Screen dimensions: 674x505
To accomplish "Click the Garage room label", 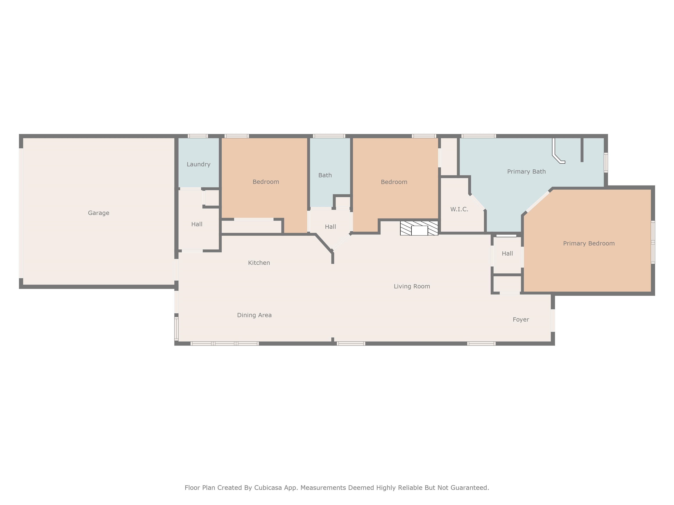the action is click(x=99, y=213).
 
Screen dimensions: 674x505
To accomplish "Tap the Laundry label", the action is click(x=198, y=164).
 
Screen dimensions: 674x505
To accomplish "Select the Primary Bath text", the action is click(x=526, y=172).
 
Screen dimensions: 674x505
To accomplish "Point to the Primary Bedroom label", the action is click(x=589, y=244).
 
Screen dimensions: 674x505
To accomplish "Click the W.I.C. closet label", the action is click(x=459, y=209).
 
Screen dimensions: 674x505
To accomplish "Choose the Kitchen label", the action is click(x=259, y=263).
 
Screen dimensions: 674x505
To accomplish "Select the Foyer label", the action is click(x=521, y=320).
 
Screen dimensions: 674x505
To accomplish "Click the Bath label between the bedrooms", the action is click(x=325, y=175).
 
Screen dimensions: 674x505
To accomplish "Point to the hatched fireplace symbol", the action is click(x=419, y=228).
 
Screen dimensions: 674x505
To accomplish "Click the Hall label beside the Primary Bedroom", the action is click(x=507, y=254).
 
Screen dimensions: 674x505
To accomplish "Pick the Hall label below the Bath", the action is click(x=330, y=227).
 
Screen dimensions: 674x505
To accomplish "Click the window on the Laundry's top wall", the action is click(x=198, y=136).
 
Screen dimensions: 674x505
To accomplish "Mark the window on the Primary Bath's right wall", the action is click(x=606, y=163).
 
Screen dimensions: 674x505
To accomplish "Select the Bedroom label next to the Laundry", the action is click(x=266, y=182).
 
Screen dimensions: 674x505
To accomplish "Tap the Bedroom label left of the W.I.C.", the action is click(x=394, y=182).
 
